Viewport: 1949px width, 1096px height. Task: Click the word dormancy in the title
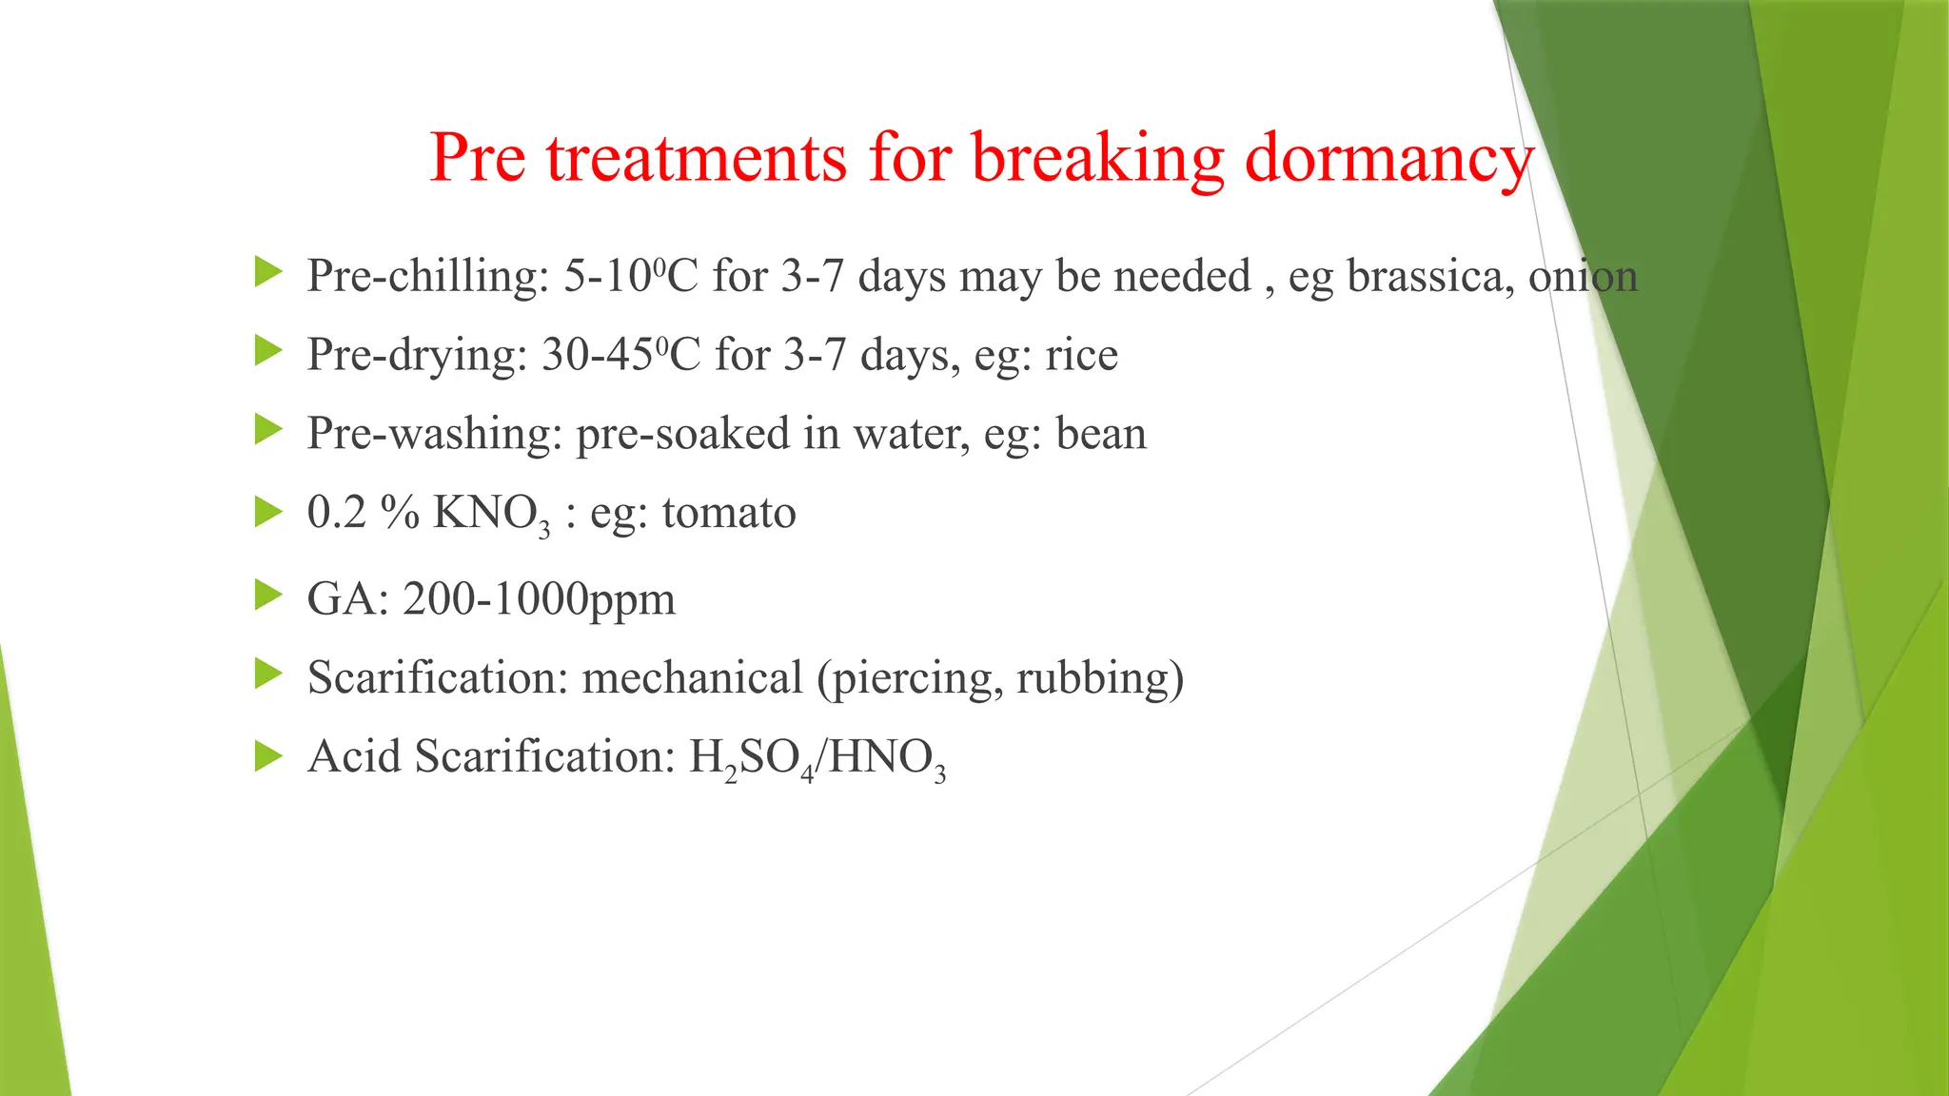(x=1388, y=158)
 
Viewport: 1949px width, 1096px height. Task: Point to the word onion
(x=1583, y=277)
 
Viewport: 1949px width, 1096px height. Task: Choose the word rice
(x=1081, y=355)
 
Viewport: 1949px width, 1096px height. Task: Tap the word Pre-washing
(x=435, y=434)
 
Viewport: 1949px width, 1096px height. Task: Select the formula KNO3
(x=491, y=515)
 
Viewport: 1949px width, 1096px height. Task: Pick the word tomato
(x=729, y=513)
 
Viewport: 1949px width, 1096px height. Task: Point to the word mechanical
(x=693, y=678)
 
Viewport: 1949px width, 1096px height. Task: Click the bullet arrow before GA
(x=269, y=597)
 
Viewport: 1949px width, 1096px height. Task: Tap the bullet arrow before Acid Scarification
(x=269, y=757)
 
